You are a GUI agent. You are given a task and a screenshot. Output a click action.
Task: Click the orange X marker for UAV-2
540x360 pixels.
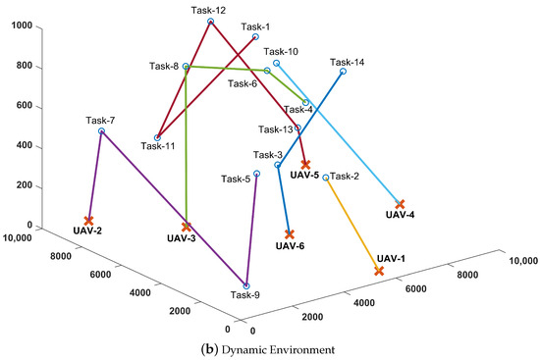click(89, 221)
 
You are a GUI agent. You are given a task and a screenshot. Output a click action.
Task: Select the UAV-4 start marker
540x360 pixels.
click(400, 203)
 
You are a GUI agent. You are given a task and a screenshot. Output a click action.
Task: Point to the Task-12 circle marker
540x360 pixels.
click(211, 21)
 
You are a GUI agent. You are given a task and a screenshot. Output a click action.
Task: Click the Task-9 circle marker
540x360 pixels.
click(246, 284)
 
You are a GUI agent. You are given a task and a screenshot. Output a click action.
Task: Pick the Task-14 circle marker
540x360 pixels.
click(344, 72)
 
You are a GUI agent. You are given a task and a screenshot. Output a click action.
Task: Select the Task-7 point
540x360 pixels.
click(102, 131)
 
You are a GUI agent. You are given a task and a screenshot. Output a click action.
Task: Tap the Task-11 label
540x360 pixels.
click(159, 146)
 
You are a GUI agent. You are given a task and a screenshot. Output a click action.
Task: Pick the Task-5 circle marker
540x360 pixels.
click(256, 174)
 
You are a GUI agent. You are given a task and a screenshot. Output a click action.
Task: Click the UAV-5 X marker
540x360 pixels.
click(305, 164)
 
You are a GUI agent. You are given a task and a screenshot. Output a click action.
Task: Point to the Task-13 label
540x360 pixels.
click(276, 129)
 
